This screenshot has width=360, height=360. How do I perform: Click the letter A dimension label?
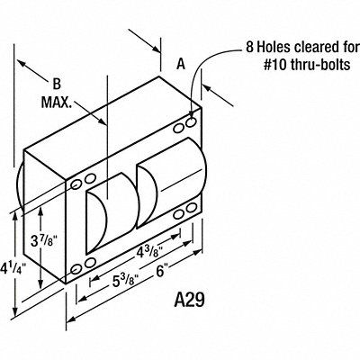[181, 64]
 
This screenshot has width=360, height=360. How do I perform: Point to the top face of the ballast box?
[112, 130]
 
